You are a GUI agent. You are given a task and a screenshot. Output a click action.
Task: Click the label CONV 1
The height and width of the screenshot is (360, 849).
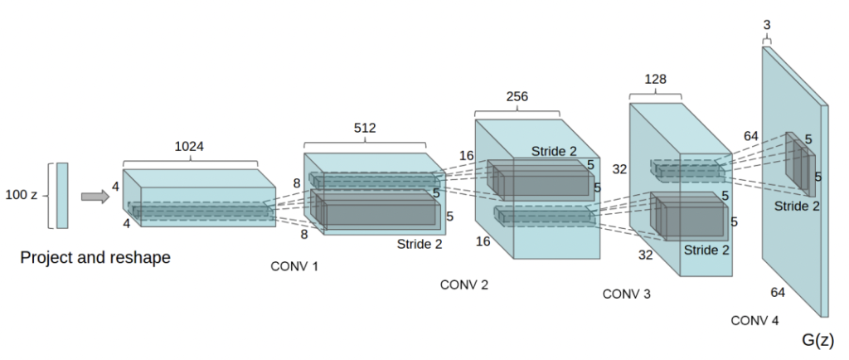[x=294, y=266]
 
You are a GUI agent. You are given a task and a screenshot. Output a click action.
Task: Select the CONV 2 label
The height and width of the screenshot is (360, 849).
[x=464, y=285]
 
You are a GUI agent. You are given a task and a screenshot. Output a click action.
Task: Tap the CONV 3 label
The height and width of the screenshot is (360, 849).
[x=627, y=294]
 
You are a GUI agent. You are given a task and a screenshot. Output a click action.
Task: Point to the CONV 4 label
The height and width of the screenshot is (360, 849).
[x=754, y=319]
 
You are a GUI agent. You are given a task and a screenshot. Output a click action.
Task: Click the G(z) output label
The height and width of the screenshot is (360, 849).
[x=817, y=339]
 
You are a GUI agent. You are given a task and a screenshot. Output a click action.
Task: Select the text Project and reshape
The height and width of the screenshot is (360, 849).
[x=95, y=258]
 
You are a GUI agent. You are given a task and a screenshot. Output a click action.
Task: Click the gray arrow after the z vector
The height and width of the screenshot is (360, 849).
[x=95, y=197]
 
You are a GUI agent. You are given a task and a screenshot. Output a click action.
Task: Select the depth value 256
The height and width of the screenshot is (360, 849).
[x=517, y=96]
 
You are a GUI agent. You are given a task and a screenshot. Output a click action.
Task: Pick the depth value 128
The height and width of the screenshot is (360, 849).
[x=655, y=80]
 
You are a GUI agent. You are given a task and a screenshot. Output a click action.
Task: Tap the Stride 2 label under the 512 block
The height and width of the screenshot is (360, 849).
[x=419, y=244]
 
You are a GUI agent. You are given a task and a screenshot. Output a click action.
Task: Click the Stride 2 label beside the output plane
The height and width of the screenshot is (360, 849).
[x=798, y=205]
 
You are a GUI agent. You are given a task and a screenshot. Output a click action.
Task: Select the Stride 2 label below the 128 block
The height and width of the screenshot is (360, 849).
[x=706, y=249]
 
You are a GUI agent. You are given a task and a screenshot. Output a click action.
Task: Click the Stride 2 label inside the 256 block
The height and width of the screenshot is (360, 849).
[x=553, y=151]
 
